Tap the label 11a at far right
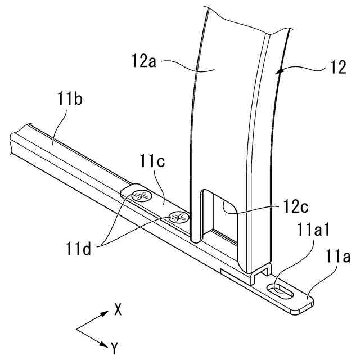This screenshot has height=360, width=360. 339,258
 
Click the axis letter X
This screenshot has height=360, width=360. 118,309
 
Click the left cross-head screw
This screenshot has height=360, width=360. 141,197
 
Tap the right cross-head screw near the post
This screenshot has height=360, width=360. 179,217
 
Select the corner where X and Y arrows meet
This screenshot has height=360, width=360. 77,329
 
